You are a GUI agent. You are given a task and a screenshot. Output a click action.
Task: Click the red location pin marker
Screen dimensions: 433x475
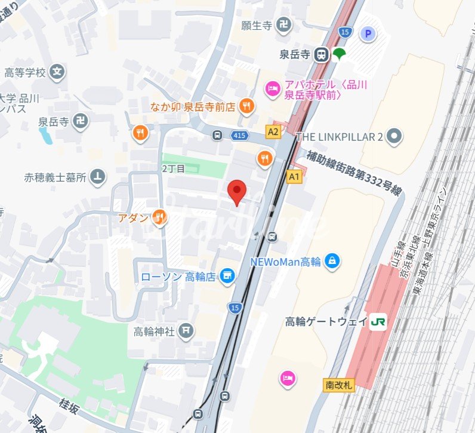[237, 192]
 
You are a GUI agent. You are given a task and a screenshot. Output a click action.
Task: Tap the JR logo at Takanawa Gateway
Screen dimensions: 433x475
[378, 321]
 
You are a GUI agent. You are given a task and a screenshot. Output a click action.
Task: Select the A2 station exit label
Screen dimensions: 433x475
[273, 131]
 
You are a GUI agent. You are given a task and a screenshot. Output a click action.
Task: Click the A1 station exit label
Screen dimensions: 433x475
[294, 176]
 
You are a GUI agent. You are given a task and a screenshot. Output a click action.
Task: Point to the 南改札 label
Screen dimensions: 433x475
[340, 385]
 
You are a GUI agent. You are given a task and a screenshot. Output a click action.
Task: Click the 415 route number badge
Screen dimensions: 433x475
[240, 136]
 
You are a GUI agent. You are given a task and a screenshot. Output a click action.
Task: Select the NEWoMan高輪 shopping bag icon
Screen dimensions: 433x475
[334, 260]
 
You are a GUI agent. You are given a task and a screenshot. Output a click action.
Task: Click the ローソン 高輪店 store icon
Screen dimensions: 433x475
[226, 275]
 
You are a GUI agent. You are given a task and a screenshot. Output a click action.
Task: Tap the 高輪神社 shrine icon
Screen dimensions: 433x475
[186, 331]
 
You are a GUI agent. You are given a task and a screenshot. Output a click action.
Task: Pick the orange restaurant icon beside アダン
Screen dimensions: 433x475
[159, 217]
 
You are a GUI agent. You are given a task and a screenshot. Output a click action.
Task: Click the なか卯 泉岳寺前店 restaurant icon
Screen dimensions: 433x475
[245, 107]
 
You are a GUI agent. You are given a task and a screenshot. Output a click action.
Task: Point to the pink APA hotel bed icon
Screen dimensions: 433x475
[272, 89]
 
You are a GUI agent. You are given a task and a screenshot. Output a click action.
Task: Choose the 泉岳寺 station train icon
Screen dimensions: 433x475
[321, 54]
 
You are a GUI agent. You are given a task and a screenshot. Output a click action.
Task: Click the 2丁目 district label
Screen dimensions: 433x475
[174, 169]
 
